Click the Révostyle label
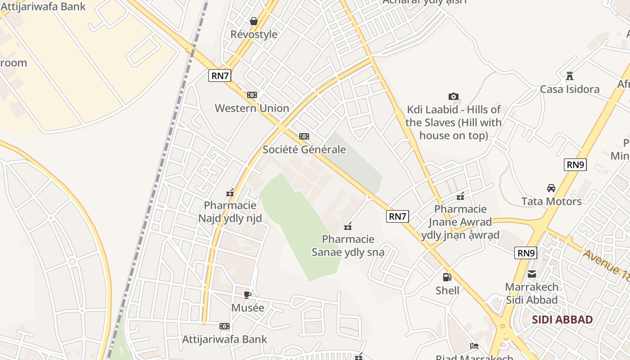tap(254, 34)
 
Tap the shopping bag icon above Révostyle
tap(254, 21)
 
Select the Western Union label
tap(252, 108)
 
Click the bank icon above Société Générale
tap(304, 136)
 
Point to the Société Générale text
tap(304, 149)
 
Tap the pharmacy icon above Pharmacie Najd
tap(230, 193)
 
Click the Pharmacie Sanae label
tap(348, 245)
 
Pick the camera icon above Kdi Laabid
tap(453, 96)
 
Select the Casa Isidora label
tap(570, 89)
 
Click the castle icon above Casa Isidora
tap(570, 76)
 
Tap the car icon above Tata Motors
tap(551, 188)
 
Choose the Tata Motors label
tap(551, 201)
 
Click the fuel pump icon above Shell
tap(447, 277)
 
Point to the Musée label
tap(247, 308)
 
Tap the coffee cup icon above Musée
tap(247, 295)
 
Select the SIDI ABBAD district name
tap(562, 319)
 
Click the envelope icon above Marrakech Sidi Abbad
tap(532, 274)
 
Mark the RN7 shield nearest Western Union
tap(220, 75)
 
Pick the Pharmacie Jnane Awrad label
tap(460, 222)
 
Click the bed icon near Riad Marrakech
tap(474, 346)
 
